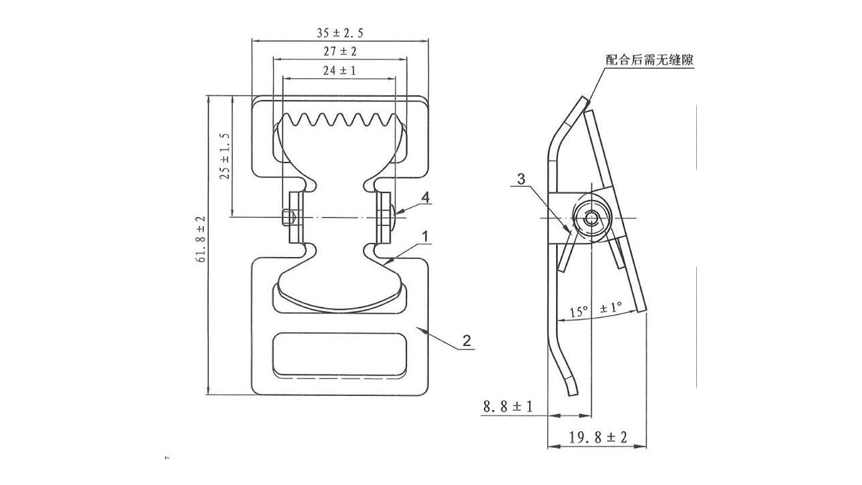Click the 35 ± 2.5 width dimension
click(340, 33)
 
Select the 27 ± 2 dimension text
click(340, 51)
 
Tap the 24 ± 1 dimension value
click(340, 71)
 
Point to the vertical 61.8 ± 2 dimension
click(202, 239)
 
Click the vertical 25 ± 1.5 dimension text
click(224, 156)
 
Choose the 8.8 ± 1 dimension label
click(508, 407)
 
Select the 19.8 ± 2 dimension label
click(598, 437)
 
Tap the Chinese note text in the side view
click(649, 60)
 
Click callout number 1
click(425, 237)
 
